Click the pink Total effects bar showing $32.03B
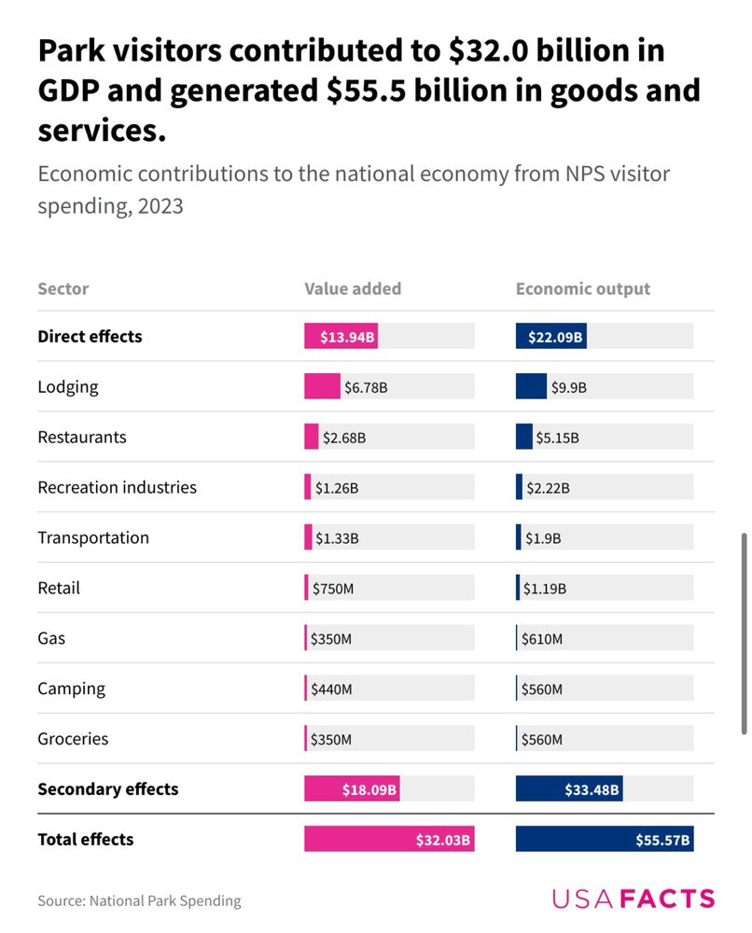pyautogui.click(x=389, y=839)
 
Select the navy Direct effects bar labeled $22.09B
pyautogui.click(x=550, y=336)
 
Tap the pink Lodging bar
pyautogui.click(x=322, y=386)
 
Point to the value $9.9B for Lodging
pyautogui.click(x=568, y=387)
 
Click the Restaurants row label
pyautogui.click(x=82, y=437)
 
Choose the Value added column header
pyautogui.click(x=353, y=288)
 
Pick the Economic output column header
pyautogui.click(x=583, y=288)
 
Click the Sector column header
pyautogui.click(x=63, y=288)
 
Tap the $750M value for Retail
pyautogui.click(x=333, y=589)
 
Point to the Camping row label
pyautogui.click(x=72, y=689)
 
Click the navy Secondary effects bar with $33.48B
pyautogui.click(x=569, y=789)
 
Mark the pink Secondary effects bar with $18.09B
pyautogui.click(x=352, y=789)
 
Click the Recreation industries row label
pyautogui.click(x=118, y=487)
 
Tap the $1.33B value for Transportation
pyautogui.click(x=337, y=538)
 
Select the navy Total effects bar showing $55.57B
pyautogui.click(x=605, y=839)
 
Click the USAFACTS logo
pyautogui.click(x=634, y=899)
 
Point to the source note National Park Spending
pyautogui.click(x=139, y=900)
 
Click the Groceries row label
pyautogui.click(x=73, y=739)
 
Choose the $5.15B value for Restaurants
pyautogui.click(x=557, y=438)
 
